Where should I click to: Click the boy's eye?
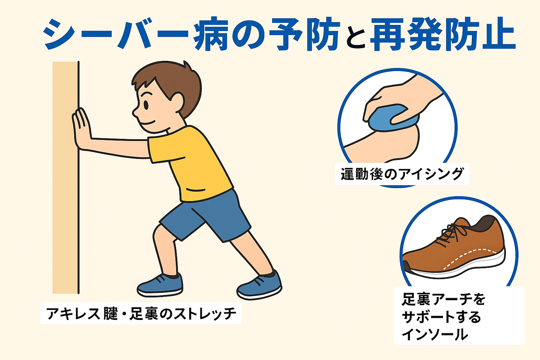pos(146,105)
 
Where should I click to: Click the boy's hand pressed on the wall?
pos(81,129)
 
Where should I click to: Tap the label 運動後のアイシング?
pos(402,174)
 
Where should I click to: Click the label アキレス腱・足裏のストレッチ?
pos(141,314)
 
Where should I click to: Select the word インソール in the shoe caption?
pos(435,334)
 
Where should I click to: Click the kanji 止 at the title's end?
pos(498,33)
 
